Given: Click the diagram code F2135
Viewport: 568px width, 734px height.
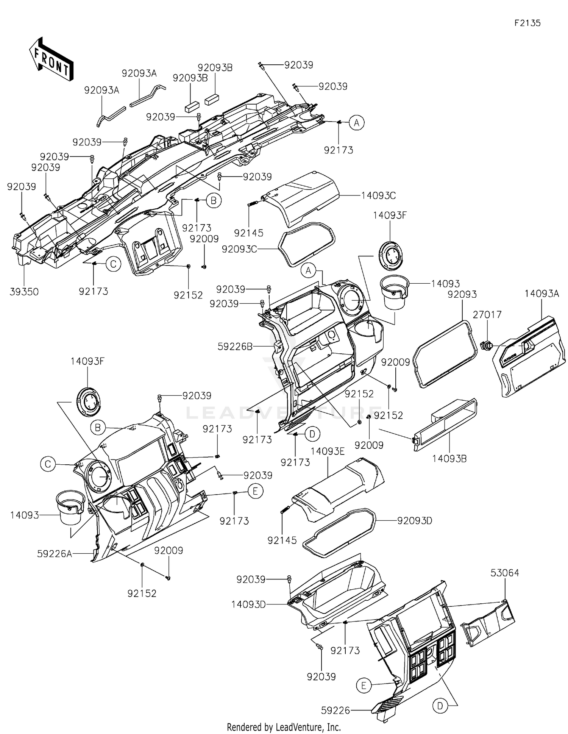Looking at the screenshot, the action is click(x=527, y=23).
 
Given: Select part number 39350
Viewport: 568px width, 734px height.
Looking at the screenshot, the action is click(x=24, y=292).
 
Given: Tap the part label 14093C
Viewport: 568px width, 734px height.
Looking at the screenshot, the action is click(x=378, y=195).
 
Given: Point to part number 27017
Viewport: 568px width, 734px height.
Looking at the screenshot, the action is click(x=487, y=314).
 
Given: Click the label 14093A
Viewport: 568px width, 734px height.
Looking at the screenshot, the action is click(x=542, y=294).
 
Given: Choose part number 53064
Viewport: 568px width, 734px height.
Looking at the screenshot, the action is click(x=505, y=573).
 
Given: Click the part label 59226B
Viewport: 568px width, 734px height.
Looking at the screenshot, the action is click(x=235, y=346).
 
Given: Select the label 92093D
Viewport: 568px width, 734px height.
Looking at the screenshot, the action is click(x=415, y=521).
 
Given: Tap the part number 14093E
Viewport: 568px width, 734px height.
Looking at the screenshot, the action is click(x=328, y=451).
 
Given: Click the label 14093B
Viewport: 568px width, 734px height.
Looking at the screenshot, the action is click(x=449, y=459).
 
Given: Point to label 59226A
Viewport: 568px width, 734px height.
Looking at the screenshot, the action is click(x=55, y=554).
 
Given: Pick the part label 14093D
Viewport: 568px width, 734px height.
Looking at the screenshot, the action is click(x=248, y=604).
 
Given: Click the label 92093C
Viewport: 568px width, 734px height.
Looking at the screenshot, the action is click(x=239, y=249).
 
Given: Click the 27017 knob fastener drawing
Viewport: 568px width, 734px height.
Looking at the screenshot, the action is click(x=486, y=345).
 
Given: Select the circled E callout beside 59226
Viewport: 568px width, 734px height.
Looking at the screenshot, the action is click(x=364, y=686).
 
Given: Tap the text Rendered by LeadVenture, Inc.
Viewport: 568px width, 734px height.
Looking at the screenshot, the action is click(x=284, y=727).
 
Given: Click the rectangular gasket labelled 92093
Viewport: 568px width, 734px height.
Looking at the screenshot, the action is click(x=445, y=354).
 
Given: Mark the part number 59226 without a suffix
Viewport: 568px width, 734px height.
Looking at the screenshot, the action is click(x=335, y=711).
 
